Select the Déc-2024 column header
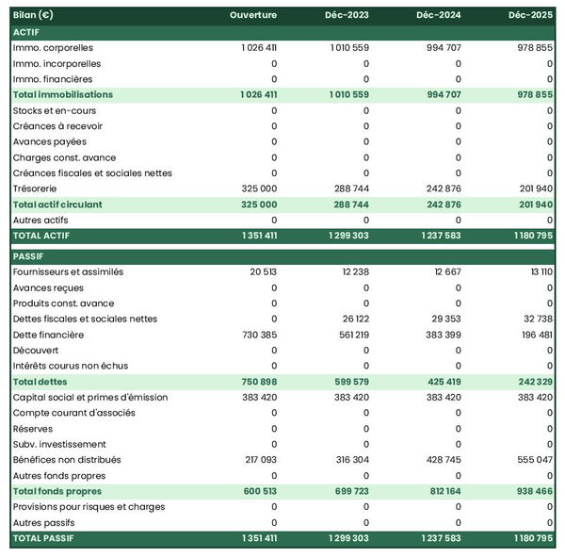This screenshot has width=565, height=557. click(x=437, y=16)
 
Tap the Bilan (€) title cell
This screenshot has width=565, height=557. click(x=33, y=16)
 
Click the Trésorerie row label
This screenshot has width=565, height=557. click(x=36, y=188)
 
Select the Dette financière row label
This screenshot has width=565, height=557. click(x=48, y=335)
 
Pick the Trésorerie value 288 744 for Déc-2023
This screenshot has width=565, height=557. click(x=349, y=188)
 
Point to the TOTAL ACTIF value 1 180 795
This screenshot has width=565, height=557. click(x=531, y=236)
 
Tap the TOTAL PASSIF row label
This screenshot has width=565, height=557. click(x=42, y=538)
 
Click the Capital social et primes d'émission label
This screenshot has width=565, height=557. click(x=90, y=398)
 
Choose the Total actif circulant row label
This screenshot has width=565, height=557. click(x=57, y=205)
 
